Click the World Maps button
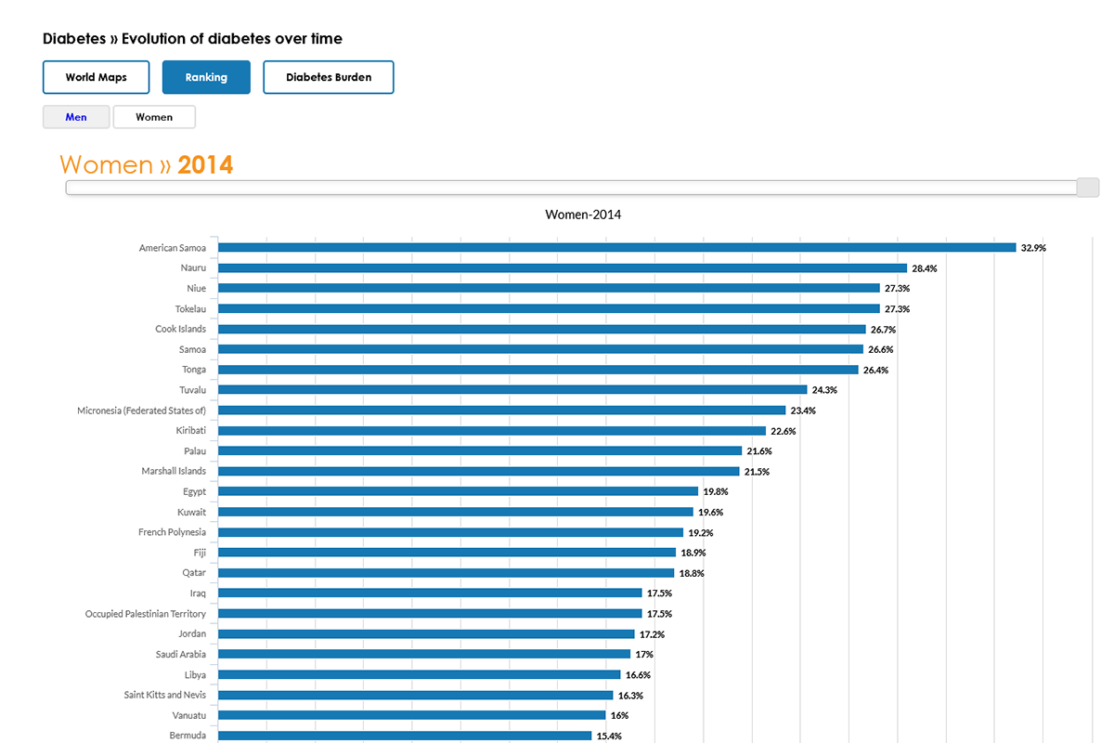[97, 77]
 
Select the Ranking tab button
[206, 77]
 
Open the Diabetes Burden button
[329, 77]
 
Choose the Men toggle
[76, 117]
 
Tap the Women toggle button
[154, 117]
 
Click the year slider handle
[1087, 188]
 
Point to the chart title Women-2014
[583, 215]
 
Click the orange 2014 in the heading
[205, 165]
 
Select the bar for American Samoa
[616, 248]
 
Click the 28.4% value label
[924, 268]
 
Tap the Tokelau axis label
[190, 308]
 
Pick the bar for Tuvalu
[512, 390]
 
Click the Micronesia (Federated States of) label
[141, 411]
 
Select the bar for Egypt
[458, 491]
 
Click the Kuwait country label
[191, 512]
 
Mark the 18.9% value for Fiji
[693, 553]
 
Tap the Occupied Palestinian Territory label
[146, 614]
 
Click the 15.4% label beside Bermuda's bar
[609, 736]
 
